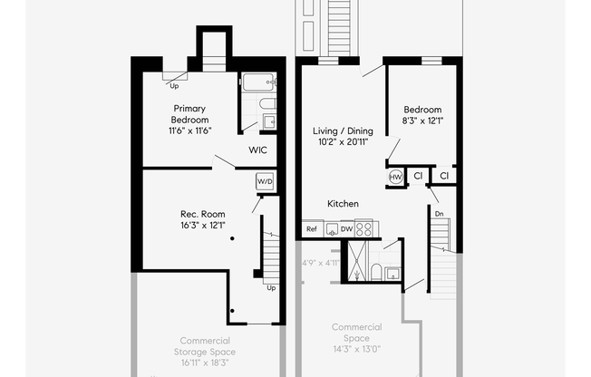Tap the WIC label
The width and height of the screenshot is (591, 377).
coord(257,150)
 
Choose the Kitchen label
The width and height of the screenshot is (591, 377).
coord(343,204)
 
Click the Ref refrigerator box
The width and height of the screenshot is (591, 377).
coord(312,229)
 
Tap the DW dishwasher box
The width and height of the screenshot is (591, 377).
coord(346,229)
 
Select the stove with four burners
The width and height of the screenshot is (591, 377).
coord(364,229)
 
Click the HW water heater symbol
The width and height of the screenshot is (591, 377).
coord(396,176)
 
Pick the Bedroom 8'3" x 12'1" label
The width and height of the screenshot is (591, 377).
coord(422,114)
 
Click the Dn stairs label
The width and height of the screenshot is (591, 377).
coord(439,214)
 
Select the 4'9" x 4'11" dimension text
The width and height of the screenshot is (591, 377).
coord(320,264)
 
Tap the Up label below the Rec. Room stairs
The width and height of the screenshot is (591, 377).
coord(269,287)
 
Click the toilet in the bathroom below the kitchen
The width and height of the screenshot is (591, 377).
coord(374,271)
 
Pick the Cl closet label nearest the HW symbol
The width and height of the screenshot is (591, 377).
coord(418,175)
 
